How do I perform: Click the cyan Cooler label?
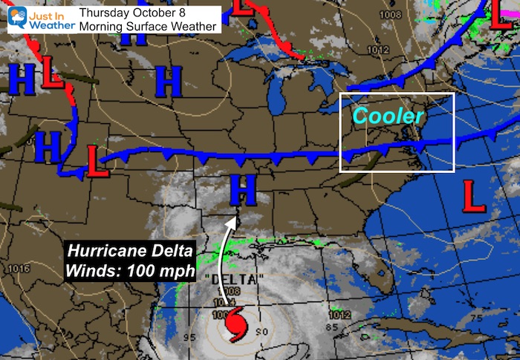click(x=388, y=116)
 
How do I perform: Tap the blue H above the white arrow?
click(x=243, y=190)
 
